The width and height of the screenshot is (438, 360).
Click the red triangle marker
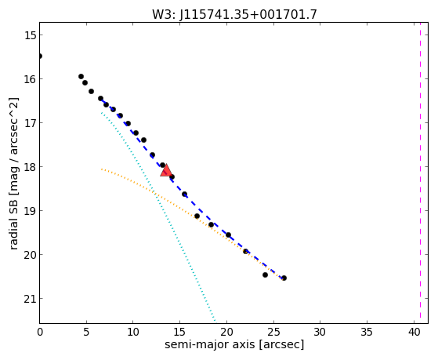pyautogui.click(x=166, y=171)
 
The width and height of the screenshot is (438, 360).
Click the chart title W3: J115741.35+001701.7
pyautogui.click(x=234, y=14)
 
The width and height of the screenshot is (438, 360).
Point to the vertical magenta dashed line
pyautogui.click(x=420, y=173)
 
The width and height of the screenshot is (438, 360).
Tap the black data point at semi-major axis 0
pyautogui.click(x=40, y=56)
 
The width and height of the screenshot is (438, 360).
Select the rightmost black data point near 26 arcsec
pyautogui.click(x=284, y=278)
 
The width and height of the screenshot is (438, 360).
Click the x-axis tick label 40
pyautogui.click(x=414, y=332)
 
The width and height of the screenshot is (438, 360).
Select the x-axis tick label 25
pyautogui.click(x=273, y=332)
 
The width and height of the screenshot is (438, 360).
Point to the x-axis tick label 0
pyautogui.click(x=40, y=332)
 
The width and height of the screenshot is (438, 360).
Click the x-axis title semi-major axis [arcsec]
pyautogui.click(x=234, y=344)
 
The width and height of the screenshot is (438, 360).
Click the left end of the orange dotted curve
pyautogui.click(x=102, y=169)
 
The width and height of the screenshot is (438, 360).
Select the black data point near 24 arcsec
pyautogui.click(x=265, y=275)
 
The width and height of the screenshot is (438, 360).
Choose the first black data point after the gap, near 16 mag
pyautogui.click(x=81, y=77)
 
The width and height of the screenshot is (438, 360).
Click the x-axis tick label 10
pyautogui.click(x=133, y=332)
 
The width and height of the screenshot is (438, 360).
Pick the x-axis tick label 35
pyautogui.click(x=367, y=332)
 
